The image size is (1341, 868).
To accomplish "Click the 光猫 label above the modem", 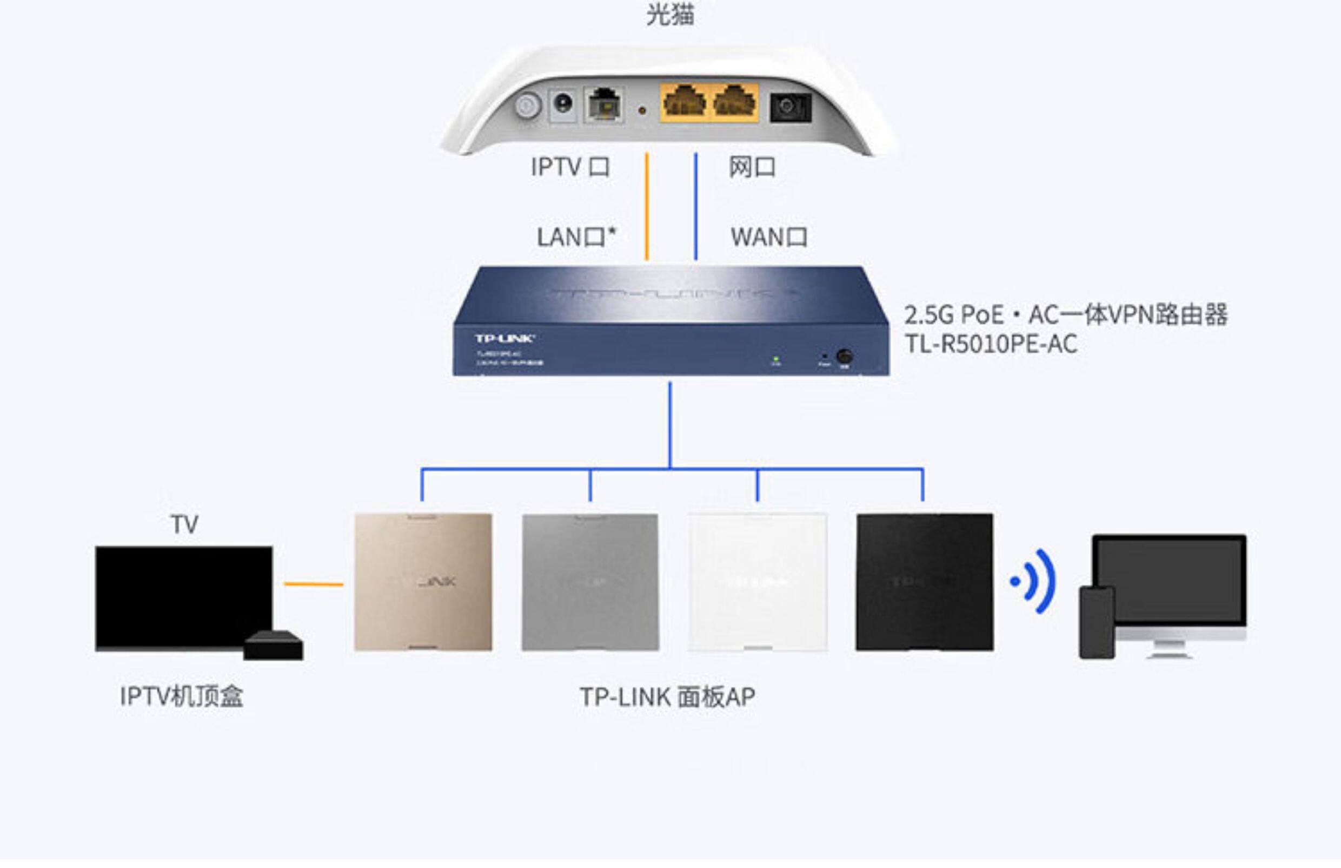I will [669, 15].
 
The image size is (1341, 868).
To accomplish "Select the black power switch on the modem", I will [790, 107].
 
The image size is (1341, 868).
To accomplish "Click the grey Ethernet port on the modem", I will [603, 104].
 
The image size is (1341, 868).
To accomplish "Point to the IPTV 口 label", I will [570, 167].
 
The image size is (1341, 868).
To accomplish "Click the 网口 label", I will [752, 167].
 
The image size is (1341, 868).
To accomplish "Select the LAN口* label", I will [575, 236].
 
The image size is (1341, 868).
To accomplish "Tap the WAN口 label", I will [769, 236].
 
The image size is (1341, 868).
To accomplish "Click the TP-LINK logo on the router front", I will [504, 338].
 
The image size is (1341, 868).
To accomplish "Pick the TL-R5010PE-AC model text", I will [991, 344].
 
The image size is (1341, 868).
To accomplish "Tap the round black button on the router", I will [844, 356].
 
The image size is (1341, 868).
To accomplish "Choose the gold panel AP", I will [423, 582].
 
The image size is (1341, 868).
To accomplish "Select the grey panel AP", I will [590, 582].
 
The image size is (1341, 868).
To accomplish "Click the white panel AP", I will [758, 582].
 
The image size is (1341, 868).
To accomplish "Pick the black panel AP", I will [924, 582].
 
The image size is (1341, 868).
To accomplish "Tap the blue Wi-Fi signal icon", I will [1034, 581].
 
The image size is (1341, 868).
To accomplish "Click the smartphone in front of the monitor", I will [1096, 622].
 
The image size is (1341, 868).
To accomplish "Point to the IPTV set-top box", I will [273, 646].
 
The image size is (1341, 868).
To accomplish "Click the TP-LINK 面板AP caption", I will [667, 697].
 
